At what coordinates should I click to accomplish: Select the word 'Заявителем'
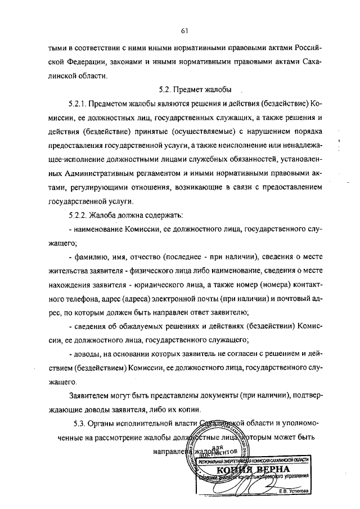click(92, 395)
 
